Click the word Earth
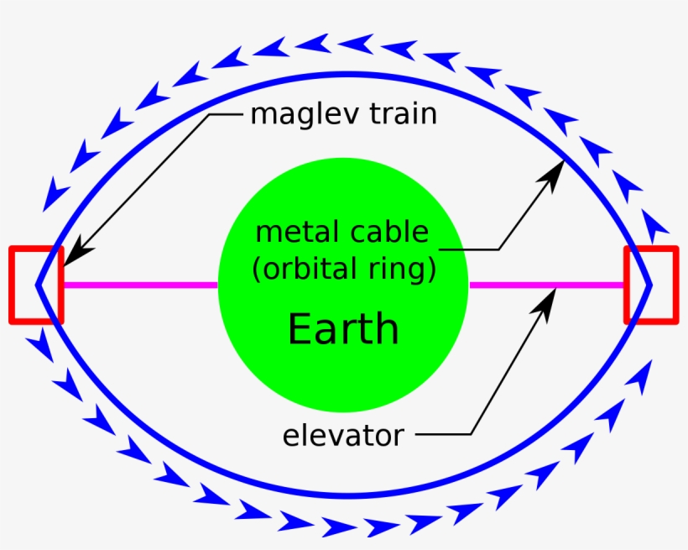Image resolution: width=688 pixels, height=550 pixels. (343, 328)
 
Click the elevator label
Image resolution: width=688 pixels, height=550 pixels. (343, 436)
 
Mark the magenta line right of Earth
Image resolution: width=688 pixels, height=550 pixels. (545, 285)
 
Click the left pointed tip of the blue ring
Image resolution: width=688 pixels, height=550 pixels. (37, 285)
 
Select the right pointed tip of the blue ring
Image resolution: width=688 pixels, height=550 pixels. (650, 285)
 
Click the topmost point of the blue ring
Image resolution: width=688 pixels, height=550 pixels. (343, 74)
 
